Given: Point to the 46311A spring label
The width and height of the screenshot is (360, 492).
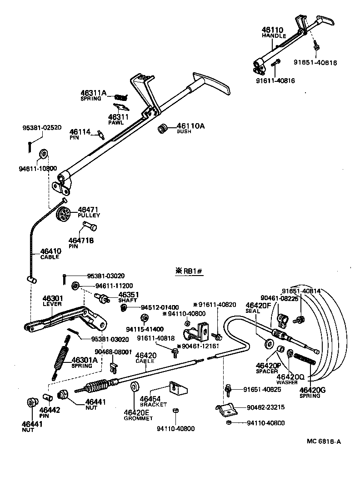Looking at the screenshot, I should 93,93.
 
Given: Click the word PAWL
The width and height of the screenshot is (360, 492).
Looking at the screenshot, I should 116,123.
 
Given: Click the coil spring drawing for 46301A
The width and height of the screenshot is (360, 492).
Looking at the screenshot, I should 61,357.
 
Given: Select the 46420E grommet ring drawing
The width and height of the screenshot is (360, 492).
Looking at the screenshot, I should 135,387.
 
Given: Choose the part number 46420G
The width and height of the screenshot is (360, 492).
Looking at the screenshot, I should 313,390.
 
